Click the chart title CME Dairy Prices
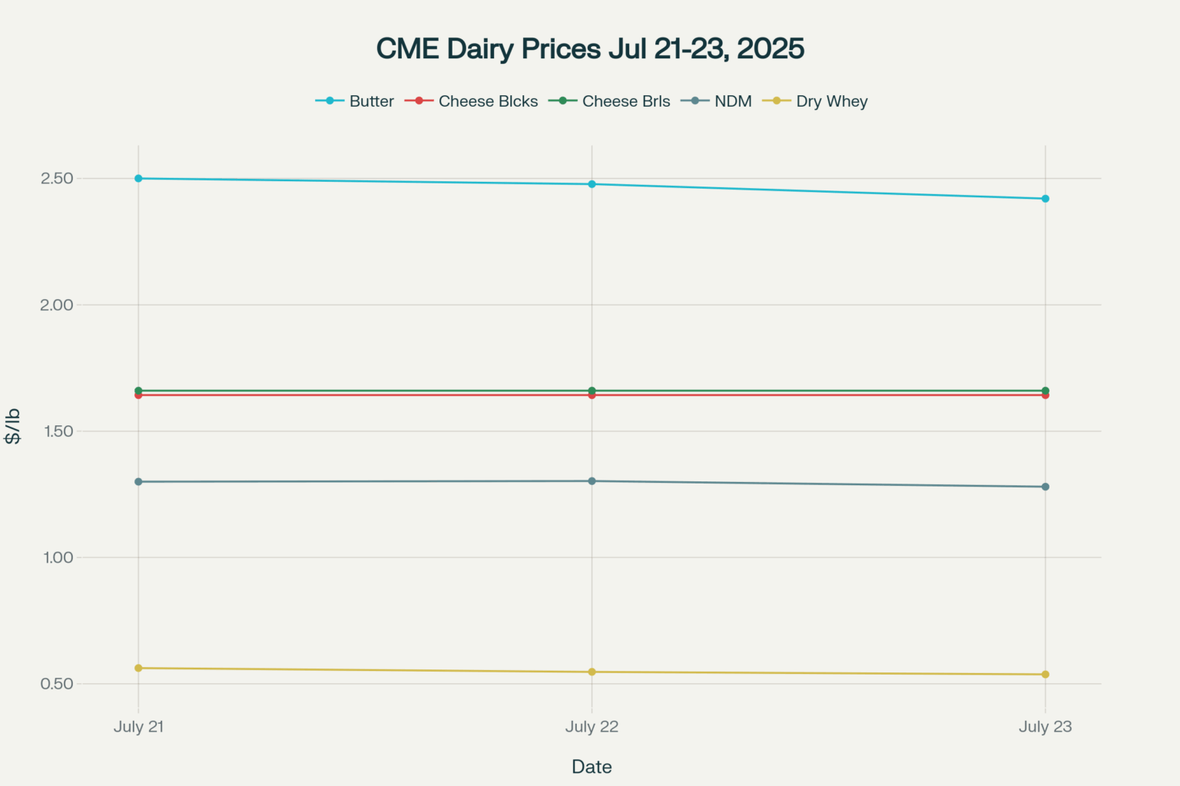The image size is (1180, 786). click(x=590, y=48)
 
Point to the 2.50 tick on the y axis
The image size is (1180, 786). click(x=58, y=178)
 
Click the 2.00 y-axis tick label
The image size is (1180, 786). click(x=58, y=305)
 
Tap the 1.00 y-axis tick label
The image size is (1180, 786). click(x=58, y=557)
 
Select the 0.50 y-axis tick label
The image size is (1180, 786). click(x=58, y=684)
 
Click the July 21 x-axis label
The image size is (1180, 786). click(x=138, y=727)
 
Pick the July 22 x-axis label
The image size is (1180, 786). click(x=592, y=727)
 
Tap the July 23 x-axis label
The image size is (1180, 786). click(x=1045, y=727)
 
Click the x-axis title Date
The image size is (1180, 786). click(x=592, y=767)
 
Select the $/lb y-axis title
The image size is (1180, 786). click(x=12, y=427)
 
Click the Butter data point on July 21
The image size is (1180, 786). click(x=138, y=178)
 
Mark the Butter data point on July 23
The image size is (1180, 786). click(x=1045, y=199)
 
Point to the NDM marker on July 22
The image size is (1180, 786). click(x=592, y=481)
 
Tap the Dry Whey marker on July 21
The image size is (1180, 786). click(x=138, y=668)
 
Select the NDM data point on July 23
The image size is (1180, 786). click(x=1045, y=487)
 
